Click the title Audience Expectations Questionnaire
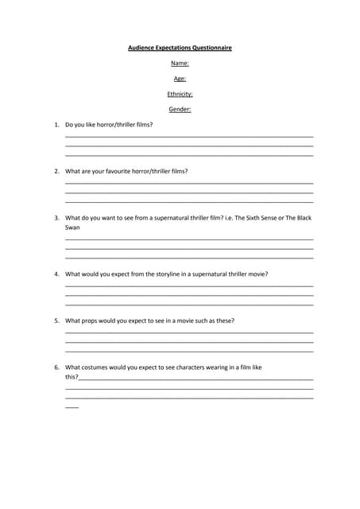click(180, 48)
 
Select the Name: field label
click(180, 63)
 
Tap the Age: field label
click(180, 78)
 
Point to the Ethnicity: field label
click(180, 94)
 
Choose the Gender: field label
click(180, 109)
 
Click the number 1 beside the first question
click(56, 125)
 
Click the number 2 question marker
click(56, 171)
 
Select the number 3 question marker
click(56, 217)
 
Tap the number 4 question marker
click(56, 274)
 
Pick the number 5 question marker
click(56, 321)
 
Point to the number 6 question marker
click(56, 367)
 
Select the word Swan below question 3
click(72, 227)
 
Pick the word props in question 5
click(91, 321)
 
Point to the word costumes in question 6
click(97, 367)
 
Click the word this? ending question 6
click(72, 377)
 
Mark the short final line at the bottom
click(72, 407)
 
